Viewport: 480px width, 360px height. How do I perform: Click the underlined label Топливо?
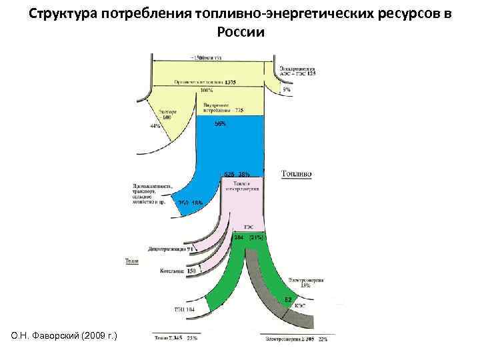pos(297,174)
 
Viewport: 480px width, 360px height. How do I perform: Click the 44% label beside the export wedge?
pos(155,126)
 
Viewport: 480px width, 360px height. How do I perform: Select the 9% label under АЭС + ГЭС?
pos(287,89)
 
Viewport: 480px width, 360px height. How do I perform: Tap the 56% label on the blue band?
pos(219,123)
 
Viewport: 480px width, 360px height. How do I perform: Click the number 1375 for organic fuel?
pos(231,81)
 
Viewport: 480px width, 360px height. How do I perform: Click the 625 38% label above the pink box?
pos(237,174)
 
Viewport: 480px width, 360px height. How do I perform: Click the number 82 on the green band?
pos(288,299)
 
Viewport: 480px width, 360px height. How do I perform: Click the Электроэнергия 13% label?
pos(306,283)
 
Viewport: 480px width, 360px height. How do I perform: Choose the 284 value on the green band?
pos(239,237)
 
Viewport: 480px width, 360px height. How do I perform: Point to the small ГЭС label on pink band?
pos(248,227)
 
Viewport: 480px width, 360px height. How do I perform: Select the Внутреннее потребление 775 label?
pos(217,107)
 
